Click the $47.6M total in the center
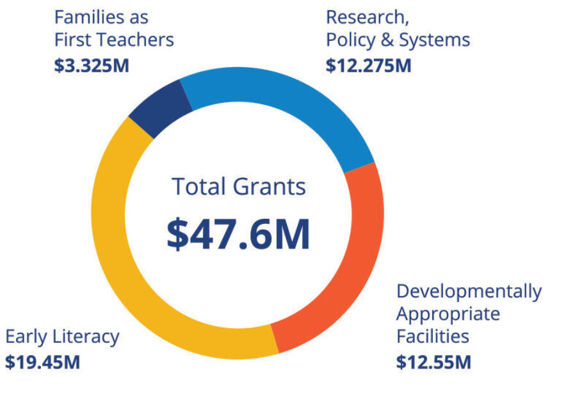coord(238,234)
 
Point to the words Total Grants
coord(238,187)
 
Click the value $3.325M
coord(92,65)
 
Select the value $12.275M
coord(368,65)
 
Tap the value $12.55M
coord(434,362)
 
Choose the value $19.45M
coord(43,362)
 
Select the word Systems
coord(434,40)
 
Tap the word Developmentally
coord(469,292)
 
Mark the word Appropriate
coord(448,314)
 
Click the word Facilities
coord(432,336)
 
